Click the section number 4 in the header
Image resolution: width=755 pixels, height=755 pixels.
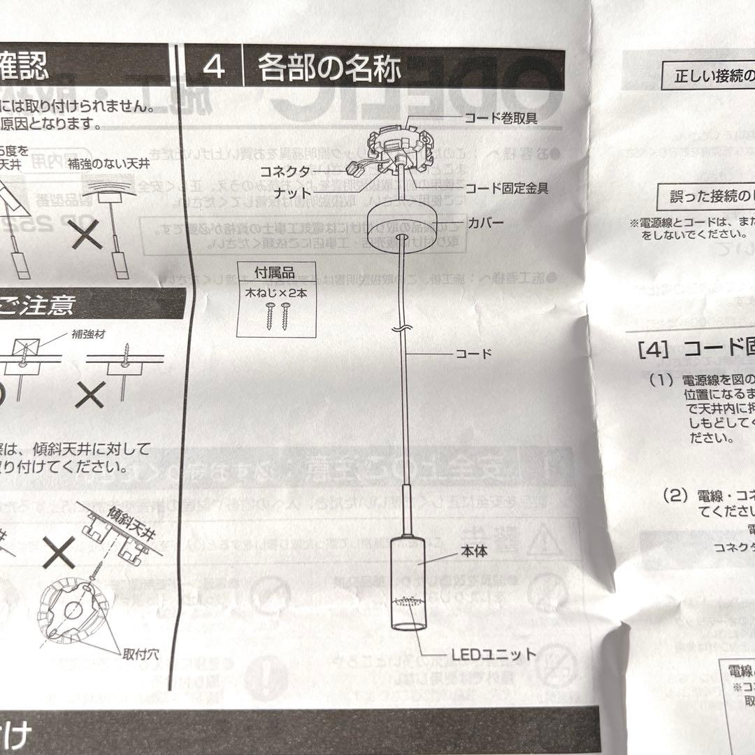(214, 68)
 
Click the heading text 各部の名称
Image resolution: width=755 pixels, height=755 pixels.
(330, 69)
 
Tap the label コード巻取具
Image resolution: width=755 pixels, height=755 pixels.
(501, 120)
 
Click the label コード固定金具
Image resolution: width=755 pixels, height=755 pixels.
(506, 187)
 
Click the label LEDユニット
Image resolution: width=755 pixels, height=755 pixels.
(493, 656)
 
